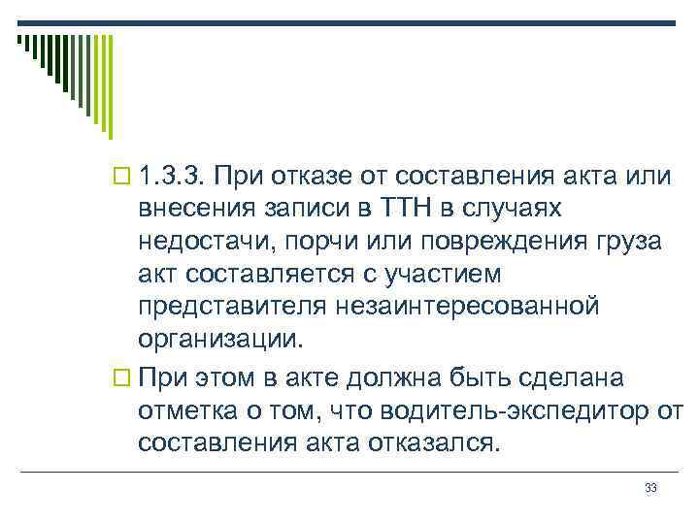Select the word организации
(x=220, y=339)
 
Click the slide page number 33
(x=650, y=488)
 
